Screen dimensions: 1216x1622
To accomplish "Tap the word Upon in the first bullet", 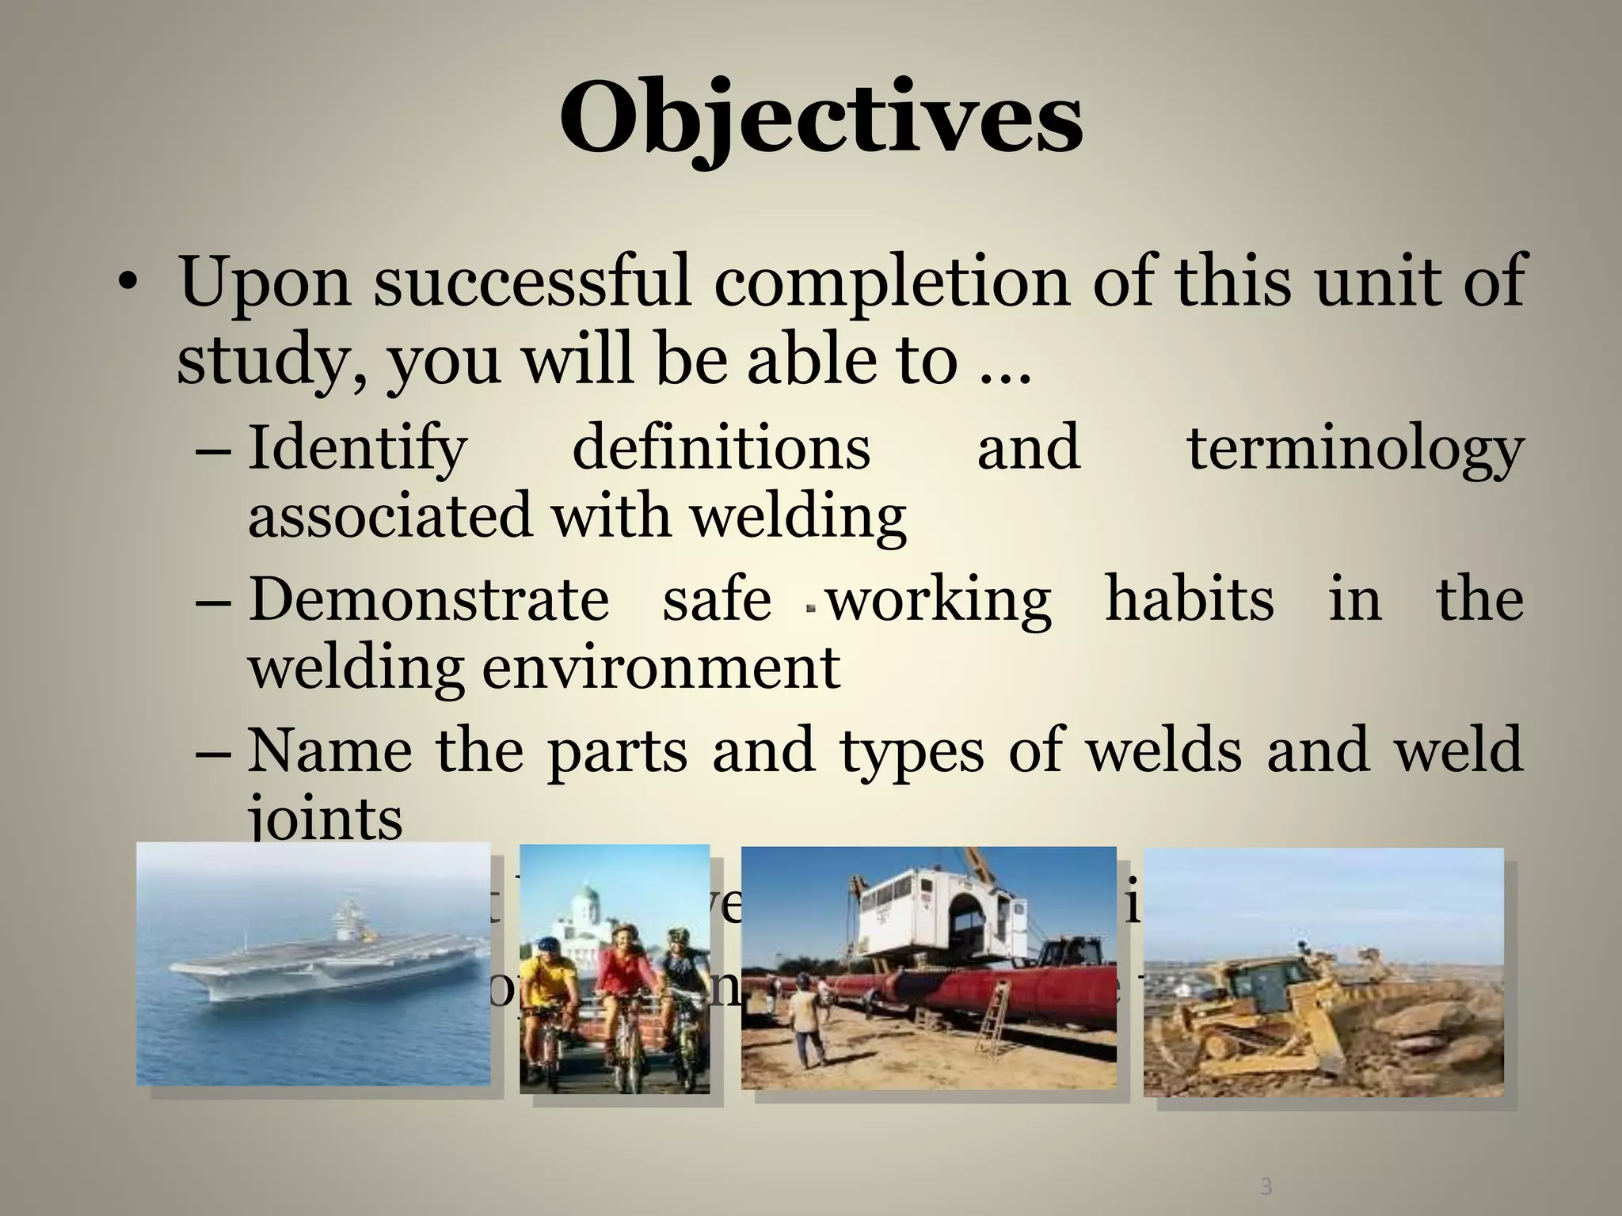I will click(265, 283).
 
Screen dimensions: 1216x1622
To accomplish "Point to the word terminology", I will click(1354, 449).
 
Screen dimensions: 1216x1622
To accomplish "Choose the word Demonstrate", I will click(428, 599).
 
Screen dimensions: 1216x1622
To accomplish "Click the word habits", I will click(1189, 599).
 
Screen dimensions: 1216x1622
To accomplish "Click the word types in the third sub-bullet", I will click(912, 750).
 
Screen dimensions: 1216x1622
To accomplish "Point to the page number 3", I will click(1266, 1187).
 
